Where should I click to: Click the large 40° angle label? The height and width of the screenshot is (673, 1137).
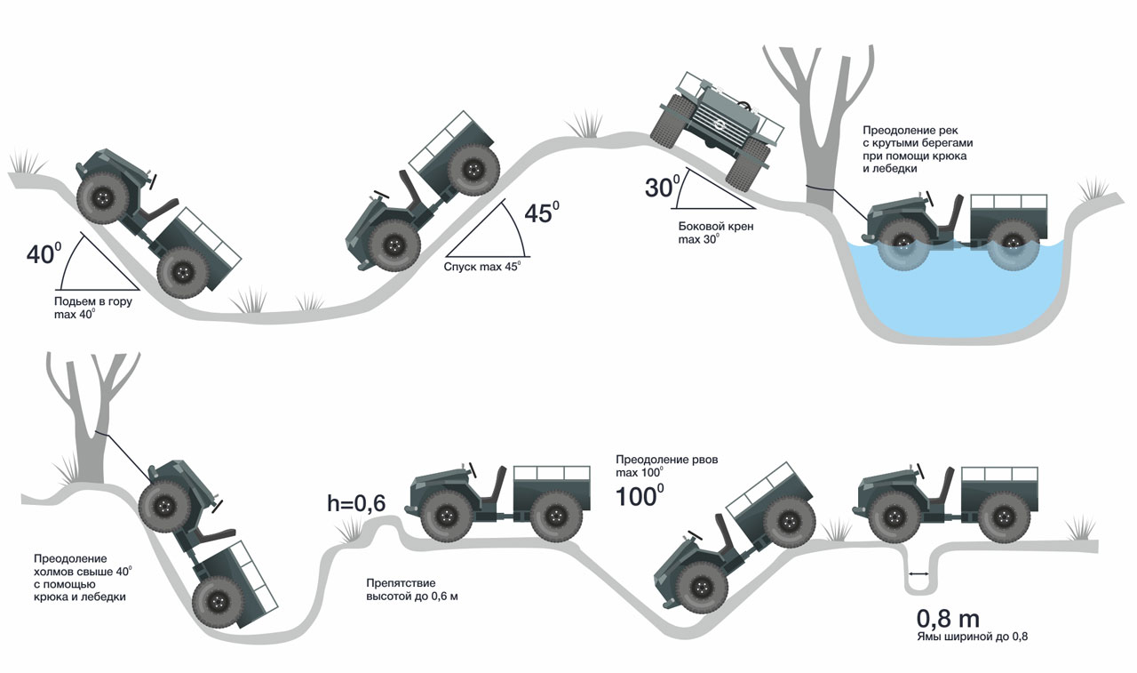pyautogui.click(x=43, y=253)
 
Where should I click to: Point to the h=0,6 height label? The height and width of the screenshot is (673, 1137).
pyautogui.click(x=356, y=503)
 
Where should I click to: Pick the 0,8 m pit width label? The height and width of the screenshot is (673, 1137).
pyautogui.click(x=948, y=619)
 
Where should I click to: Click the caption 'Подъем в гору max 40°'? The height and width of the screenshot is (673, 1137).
pyautogui.click(x=88, y=308)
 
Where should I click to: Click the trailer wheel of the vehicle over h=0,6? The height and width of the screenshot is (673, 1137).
pyautogui.click(x=555, y=516)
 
